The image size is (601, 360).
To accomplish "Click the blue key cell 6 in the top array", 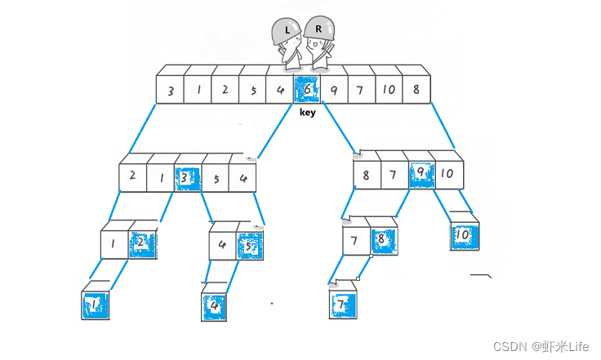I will point(307,90).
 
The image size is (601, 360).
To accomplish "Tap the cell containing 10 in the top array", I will point(389,90).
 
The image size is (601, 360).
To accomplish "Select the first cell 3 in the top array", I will point(170,90).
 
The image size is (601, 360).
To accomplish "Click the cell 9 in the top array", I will point(334,90).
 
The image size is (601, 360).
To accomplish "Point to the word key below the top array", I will point(307,113).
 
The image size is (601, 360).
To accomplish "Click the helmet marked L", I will point(287,30).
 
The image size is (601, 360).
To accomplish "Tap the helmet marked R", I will point(318,29).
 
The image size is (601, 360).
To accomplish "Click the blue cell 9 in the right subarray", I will point(421,173).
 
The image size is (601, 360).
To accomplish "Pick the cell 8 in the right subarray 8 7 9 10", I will point(367,173).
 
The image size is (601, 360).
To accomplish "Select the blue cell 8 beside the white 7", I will point(381,240).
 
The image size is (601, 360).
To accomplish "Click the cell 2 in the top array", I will point(225,90).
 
